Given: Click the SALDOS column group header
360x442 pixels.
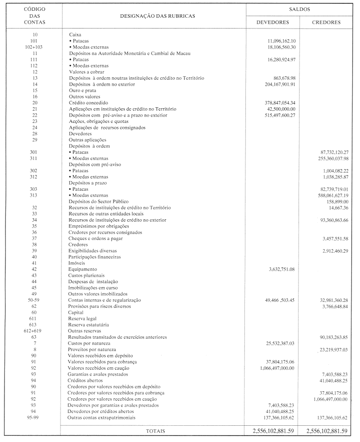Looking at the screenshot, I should (x=300, y=9).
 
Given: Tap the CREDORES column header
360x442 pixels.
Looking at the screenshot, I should (x=326, y=22).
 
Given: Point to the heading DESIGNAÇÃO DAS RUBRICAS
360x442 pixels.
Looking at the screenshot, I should (x=157, y=16).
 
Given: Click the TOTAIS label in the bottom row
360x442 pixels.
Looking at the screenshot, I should (x=155, y=431).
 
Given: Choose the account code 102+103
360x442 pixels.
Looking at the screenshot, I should (x=33, y=47).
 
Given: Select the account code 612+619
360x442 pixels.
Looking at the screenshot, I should (x=33, y=331).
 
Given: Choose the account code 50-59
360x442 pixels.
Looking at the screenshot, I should (x=33, y=300).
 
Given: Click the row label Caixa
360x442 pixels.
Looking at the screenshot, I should (x=75, y=35).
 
